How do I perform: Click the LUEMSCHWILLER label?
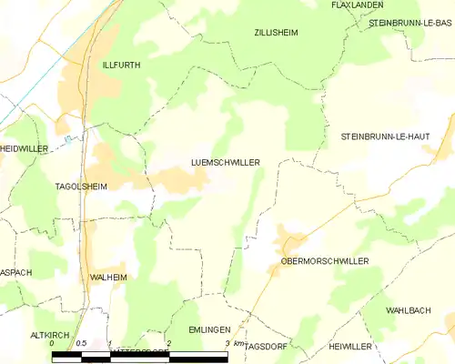click(x=226, y=162)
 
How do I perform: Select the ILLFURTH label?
click(x=120, y=66)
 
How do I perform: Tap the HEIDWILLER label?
click(x=22, y=147)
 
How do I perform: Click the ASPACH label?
click(x=15, y=272)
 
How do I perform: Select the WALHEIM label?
click(x=108, y=276)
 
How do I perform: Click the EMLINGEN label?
click(x=210, y=329)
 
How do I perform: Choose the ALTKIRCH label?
click(x=50, y=335)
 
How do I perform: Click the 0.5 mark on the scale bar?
click(x=81, y=343)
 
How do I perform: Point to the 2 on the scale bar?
click(x=168, y=343)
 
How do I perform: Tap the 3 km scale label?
click(x=231, y=343)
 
